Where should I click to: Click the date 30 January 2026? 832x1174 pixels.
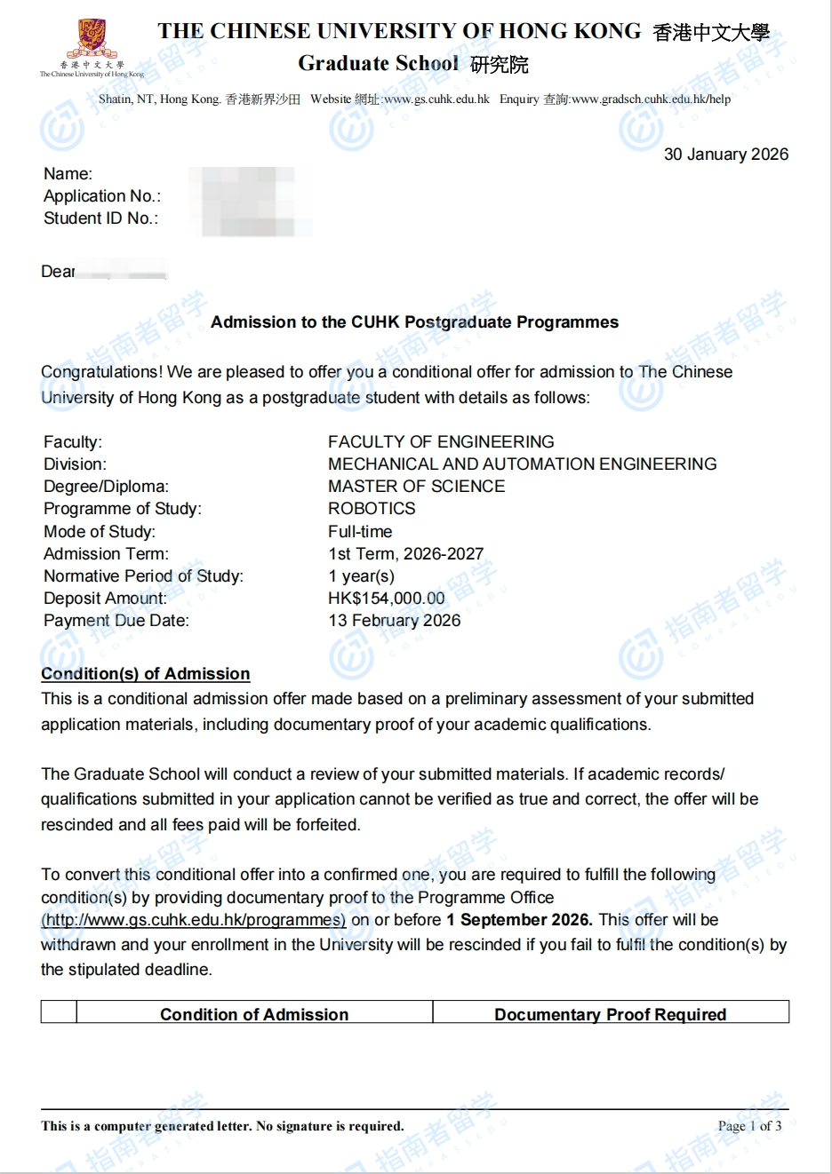click(x=725, y=155)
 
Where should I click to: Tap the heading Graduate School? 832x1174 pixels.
click(x=378, y=63)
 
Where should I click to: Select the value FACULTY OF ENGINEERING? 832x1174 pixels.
click(x=441, y=441)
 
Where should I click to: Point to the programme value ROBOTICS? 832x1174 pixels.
click(x=372, y=508)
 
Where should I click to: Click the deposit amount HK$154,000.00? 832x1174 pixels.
click(x=387, y=598)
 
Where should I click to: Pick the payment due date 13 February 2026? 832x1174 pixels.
click(x=395, y=620)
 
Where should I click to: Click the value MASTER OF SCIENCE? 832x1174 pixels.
click(x=416, y=486)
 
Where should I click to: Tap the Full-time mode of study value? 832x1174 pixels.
click(x=360, y=531)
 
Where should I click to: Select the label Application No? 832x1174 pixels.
click(x=102, y=196)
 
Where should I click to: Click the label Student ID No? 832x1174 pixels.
click(x=100, y=218)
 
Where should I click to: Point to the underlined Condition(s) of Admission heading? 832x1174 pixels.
click(x=146, y=673)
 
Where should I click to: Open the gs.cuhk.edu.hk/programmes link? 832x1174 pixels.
click(x=194, y=920)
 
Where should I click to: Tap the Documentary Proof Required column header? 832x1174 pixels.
click(x=610, y=1014)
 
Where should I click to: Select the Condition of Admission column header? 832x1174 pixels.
click(x=254, y=1014)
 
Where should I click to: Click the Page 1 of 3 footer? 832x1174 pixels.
click(x=749, y=1126)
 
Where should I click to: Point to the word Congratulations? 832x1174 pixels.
click(x=101, y=372)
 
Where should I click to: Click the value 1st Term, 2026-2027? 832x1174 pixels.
click(x=405, y=553)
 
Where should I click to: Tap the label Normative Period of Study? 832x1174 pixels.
click(x=143, y=575)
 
